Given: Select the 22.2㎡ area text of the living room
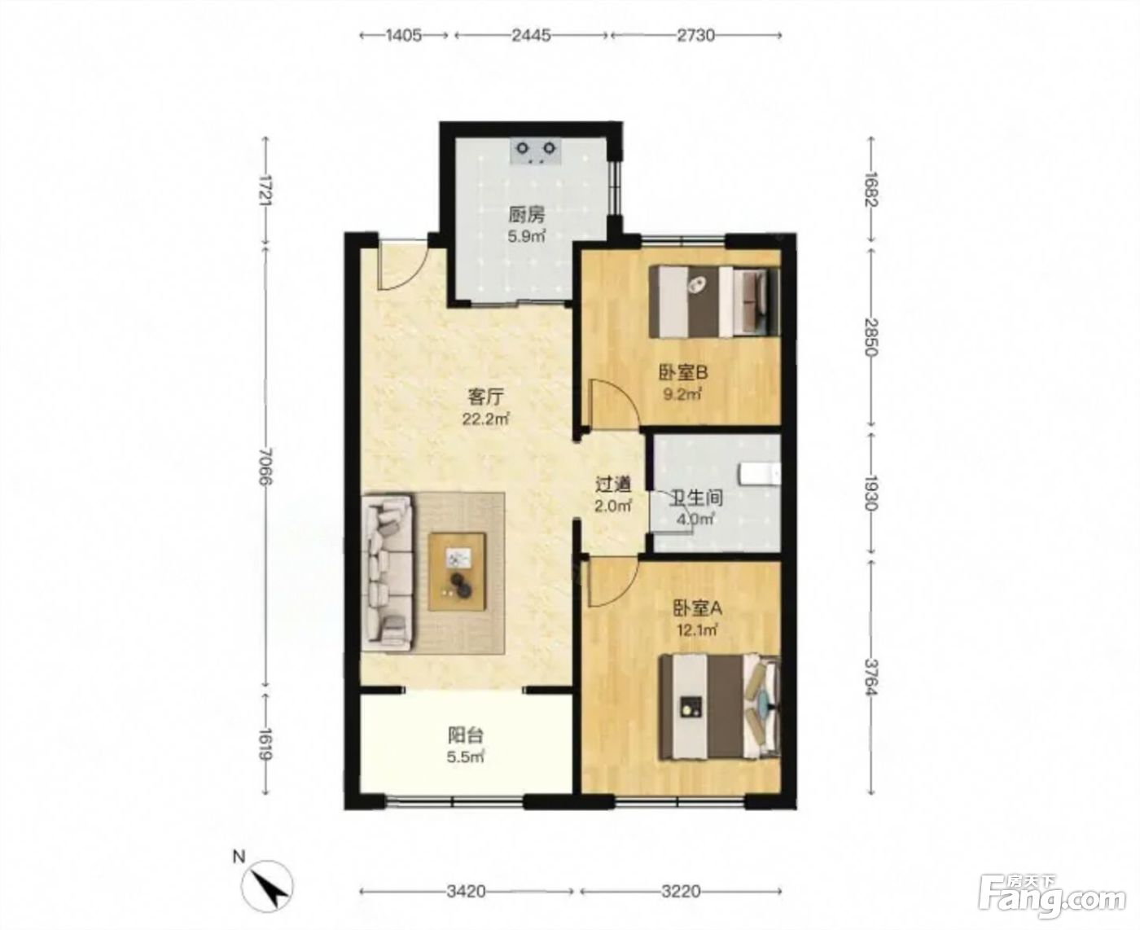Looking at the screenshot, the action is click(485, 419).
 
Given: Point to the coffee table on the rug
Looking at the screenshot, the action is click(457, 572).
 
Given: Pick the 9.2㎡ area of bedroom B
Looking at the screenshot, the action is click(682, 393).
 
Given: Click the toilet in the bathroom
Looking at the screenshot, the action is click(760, 474).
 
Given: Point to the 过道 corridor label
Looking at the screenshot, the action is click(613, 485).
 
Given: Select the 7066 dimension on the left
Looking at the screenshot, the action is click(265, 467).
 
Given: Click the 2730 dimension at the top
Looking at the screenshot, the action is click(695, 35).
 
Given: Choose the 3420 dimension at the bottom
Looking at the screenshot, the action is click(466, 891).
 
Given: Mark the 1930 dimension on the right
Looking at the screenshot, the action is click(870, 494).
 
